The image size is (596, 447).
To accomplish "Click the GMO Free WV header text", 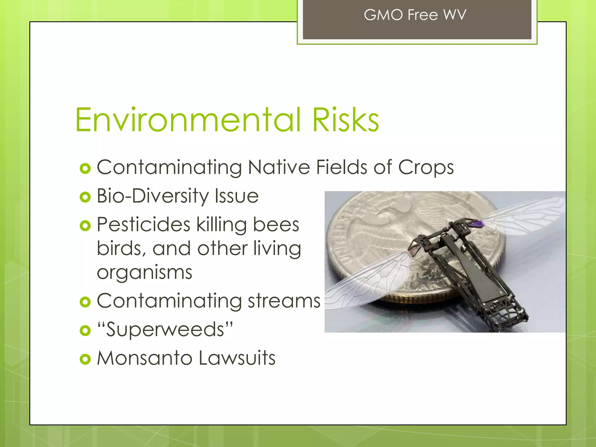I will (415, 15).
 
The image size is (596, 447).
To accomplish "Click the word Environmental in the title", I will (188, 120).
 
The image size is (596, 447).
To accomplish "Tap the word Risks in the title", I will (345, 120).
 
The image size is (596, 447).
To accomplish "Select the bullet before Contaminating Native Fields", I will (85, 168).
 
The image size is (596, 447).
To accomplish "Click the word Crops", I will (425, 168).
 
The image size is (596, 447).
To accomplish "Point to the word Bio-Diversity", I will (152, 196).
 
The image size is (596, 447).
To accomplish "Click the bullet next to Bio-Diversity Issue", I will (85, 197).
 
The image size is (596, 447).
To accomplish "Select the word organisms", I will (144, 273).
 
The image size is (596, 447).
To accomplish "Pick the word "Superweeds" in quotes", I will (165, 330).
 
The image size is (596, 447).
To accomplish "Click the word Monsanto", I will (144, 358).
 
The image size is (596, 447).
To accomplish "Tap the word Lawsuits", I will (237, 358).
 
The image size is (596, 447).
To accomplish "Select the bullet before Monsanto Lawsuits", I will (85, 359).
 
